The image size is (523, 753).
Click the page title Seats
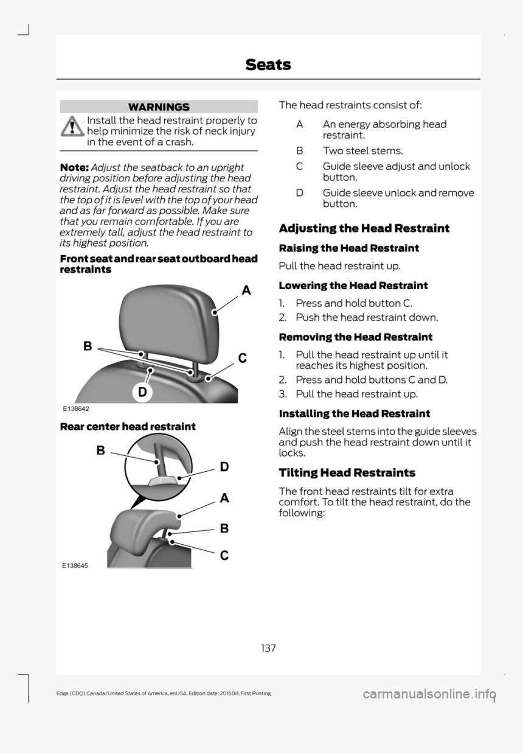coord(268,64)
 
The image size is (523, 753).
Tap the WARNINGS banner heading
coord(159,107)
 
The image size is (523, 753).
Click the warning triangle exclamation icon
coord(74,126)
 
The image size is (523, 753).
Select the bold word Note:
coord(74,167)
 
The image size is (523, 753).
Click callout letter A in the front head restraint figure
coord(246,290)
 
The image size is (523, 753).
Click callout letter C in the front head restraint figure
coord(242,359)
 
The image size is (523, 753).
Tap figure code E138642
coord(74,409)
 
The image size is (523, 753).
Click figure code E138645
coord(74,566)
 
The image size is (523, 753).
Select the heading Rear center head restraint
coord(128,426)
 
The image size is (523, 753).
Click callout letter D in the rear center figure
coord(224,467)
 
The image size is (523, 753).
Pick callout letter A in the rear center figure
coord(224,498)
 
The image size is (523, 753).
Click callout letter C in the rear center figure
coord(224,555)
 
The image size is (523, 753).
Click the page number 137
coord(268,648)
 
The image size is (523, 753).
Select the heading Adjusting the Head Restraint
coord(364,228)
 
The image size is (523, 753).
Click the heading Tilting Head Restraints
coord(347,472)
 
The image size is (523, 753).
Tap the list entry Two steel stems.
coord(362,150)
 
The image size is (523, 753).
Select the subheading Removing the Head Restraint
coord(355,337)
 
